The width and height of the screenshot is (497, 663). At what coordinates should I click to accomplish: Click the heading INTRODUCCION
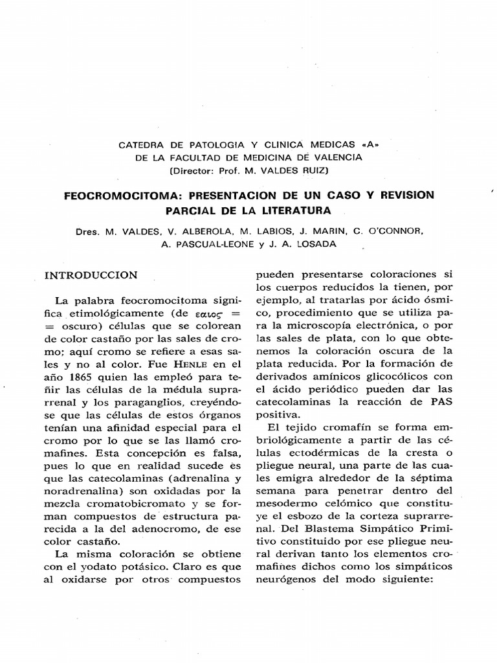[91, 275]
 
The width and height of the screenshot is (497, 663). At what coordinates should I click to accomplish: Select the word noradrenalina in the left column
[82, 491]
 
